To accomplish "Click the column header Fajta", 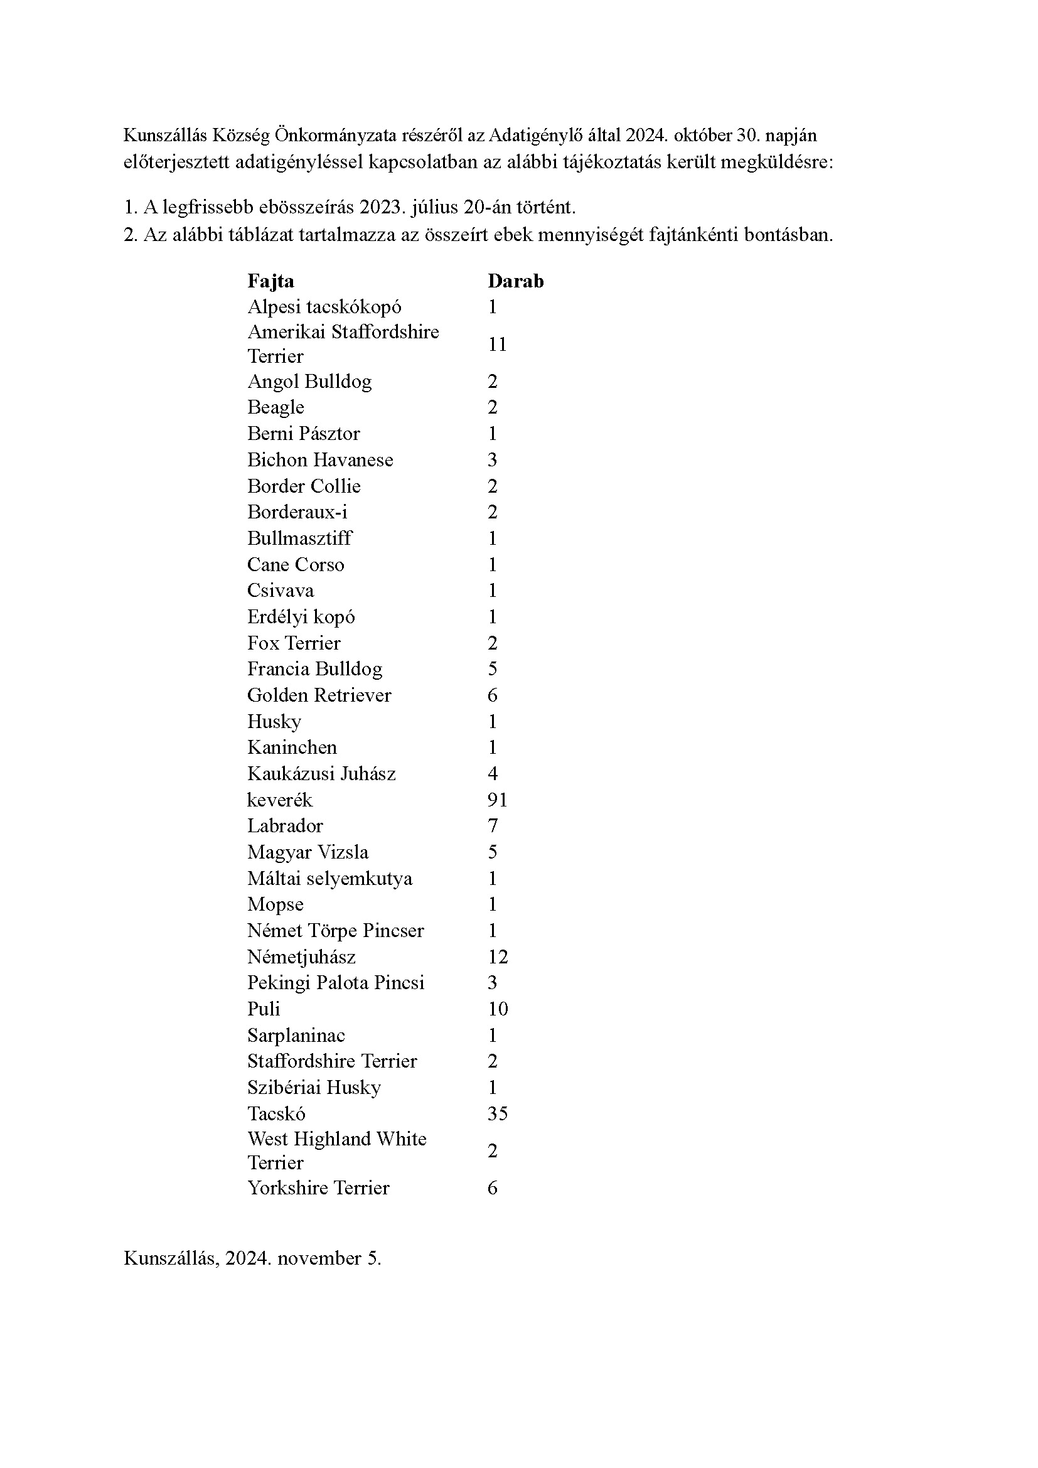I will [x=270, y=281].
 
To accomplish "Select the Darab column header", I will [x=515, y=281].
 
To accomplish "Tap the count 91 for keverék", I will [x=497, y=800].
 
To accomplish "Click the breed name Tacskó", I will [x=276, y=1114].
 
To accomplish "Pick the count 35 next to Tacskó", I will [x=497, y=1114].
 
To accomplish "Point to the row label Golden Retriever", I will [x=319, y=695].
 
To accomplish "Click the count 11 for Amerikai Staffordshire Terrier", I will [x=497, y=345].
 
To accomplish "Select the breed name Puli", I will [x=264, y=1009].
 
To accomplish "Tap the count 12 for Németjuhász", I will [x=497, y=957].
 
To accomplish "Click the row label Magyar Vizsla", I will [x=308, y=852].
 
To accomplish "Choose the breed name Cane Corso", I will [x=296, y=565].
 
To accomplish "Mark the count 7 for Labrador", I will [x=492, y=826].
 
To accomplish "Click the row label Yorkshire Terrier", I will [x=318, y=1188].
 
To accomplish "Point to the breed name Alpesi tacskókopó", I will [x=324, y=307].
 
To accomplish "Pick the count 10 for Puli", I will [x=497, y=1009].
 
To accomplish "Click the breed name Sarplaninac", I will [x=296, y=1035].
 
